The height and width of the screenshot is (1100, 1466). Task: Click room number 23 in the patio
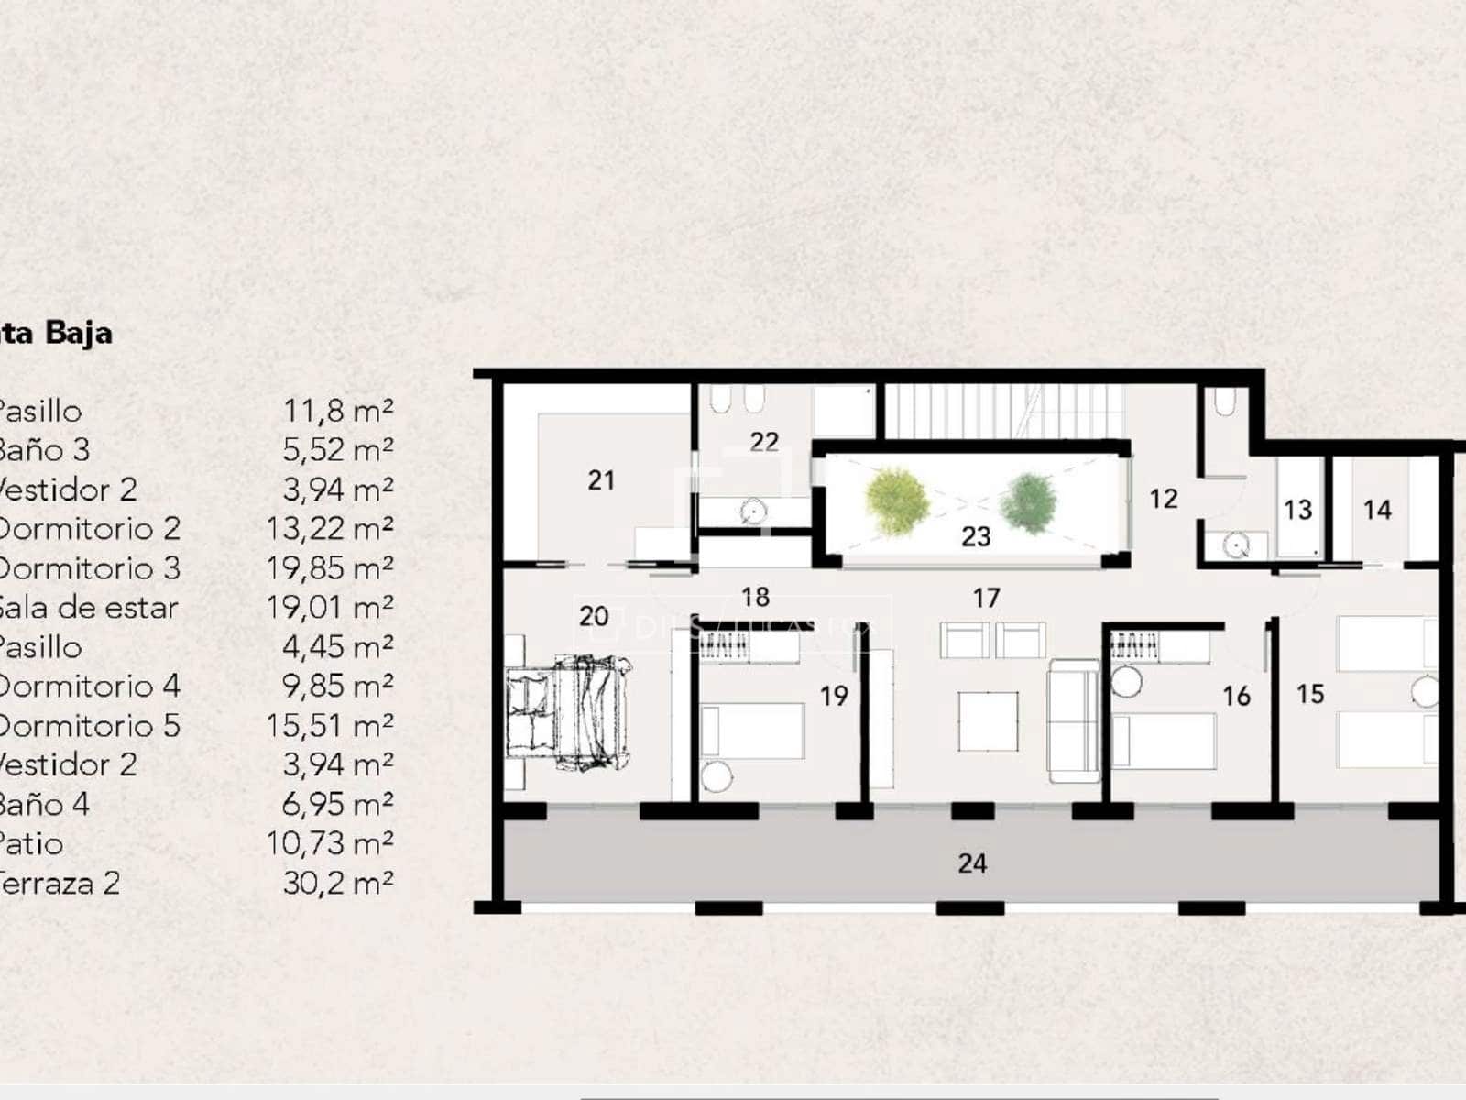click(976, 536)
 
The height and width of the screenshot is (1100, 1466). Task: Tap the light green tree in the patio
click(896, 500)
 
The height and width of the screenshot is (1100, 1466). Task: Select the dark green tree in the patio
click(1028, 501)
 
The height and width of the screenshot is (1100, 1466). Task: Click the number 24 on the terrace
click(972, 863)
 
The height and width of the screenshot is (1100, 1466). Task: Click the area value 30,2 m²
click(337, 884)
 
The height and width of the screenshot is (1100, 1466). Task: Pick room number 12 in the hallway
click(1163, 499)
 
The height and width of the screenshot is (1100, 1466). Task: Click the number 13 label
click(1297, 510)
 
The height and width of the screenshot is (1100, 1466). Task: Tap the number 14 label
click(1377, 510)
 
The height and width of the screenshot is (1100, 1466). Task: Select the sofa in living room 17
click(1074, 721)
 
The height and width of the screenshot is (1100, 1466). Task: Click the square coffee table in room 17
click(989, 721)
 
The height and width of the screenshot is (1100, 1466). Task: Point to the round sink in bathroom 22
click(753, 511)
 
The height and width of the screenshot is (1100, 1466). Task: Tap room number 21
click(601, 480)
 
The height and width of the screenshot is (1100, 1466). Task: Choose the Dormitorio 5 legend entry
click(89, 726)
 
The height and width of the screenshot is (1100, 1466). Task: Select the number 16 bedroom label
click(1236, 697)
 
